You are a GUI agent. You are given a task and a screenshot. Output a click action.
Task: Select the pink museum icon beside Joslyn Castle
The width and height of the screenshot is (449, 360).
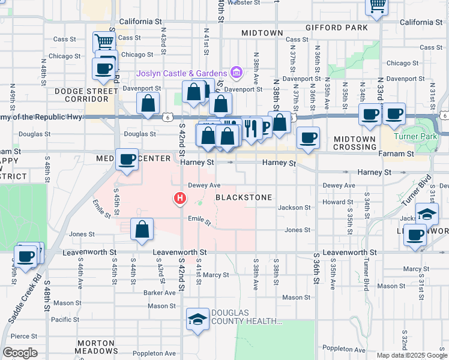click(x=237, y=73)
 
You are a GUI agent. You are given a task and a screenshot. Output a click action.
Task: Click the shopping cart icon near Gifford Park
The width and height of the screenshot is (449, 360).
click(x=376, y=6)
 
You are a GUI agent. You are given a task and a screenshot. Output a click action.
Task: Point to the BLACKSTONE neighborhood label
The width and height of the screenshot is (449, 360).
click(x=244, y=197)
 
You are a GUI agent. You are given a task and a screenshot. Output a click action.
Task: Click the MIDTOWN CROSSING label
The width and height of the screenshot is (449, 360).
click(x=355, y=143)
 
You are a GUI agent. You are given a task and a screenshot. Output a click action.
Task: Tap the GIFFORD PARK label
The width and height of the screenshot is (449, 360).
click(x=344, y=28)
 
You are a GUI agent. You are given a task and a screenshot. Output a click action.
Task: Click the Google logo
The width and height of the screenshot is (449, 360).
click(x=20, y=353)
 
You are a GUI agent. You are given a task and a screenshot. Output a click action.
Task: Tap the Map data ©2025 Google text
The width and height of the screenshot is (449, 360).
click(x=412, y=355)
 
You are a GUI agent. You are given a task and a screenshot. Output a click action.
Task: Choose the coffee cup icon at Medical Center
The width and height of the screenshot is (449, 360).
click(x=127, y=160)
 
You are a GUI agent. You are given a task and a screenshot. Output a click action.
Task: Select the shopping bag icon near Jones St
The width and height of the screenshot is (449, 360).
click(x=142, y=229)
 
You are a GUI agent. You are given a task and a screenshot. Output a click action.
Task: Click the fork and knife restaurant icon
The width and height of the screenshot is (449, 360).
click(x=250, y=128)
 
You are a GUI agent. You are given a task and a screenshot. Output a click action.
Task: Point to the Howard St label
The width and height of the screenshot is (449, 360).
click(x=333, y=203)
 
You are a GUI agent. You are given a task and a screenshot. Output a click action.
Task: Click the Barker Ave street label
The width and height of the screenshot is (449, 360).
click(x=159, y=293)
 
